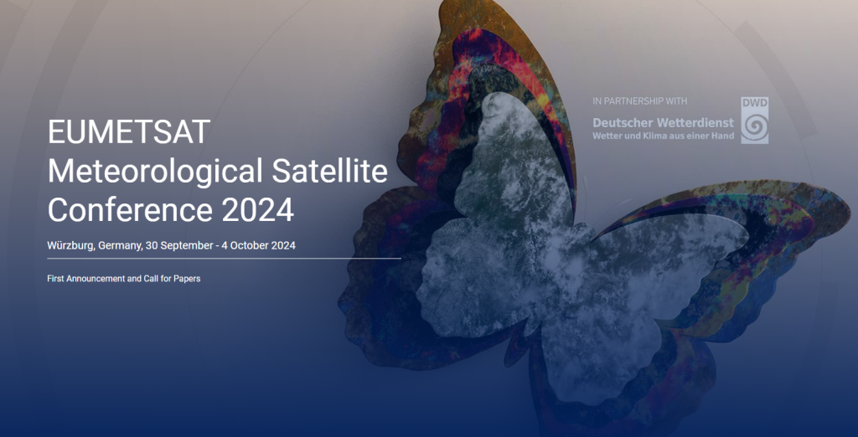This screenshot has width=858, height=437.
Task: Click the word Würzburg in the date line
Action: coord(70,246)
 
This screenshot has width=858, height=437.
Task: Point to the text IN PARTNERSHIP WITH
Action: coord(639,101)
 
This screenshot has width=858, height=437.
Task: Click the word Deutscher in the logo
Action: coord(623,123)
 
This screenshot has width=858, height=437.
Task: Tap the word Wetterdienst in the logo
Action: coord(695,123)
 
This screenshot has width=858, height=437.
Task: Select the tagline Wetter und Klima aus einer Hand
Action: coord(663,136)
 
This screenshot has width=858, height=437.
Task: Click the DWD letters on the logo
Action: coord(754,103)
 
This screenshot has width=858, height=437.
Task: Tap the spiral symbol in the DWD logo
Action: coord(754,126)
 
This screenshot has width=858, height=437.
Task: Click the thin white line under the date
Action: coord(224,260)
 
